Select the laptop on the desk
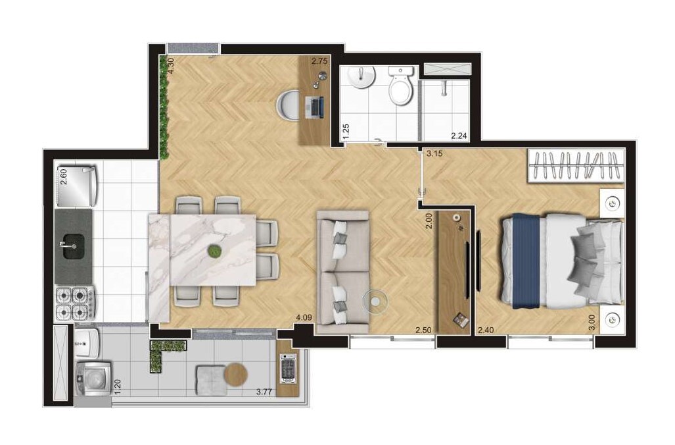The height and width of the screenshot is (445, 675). pyautogui.click(x=314, y=107)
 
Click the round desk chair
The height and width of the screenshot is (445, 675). pyautogui.click(x=287, y=105)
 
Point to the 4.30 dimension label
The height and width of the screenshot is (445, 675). pyautogui.click(x=170, y=66)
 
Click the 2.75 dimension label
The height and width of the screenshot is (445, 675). pyautogui.click(x=319, y=61)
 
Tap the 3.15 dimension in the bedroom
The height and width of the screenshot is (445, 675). pyautogui.click(x=434, y=153)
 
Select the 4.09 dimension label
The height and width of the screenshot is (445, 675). pyautogui.click(x=304, y=318)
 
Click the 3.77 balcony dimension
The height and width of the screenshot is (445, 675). pyautogui.click(x=264, y=392)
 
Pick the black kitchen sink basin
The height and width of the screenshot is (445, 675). pyautogui.click(x=74, y=246)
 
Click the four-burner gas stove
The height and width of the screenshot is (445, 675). pyautogui.click(x=76, y=303)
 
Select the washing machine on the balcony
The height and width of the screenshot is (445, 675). pyautogui.click(x=93, y=379)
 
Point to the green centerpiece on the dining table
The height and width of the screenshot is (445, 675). pyautogui.click(x=214, y=251)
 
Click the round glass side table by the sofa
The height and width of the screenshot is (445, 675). pyautogui.click(x=375, y=301)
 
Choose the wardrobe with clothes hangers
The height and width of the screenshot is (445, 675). pyautogui.click(x=576, y=166)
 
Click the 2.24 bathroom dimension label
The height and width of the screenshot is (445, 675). pyautogui.click(x=459, y=136)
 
